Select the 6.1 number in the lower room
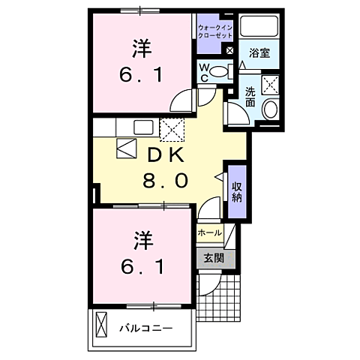141,265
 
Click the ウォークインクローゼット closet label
215,31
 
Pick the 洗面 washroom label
250,97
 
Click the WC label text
203,73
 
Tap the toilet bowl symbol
220,72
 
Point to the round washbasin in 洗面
271,109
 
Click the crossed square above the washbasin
271,84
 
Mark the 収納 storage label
237,191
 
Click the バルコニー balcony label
147,328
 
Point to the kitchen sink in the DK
143,127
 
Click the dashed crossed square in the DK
172,129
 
